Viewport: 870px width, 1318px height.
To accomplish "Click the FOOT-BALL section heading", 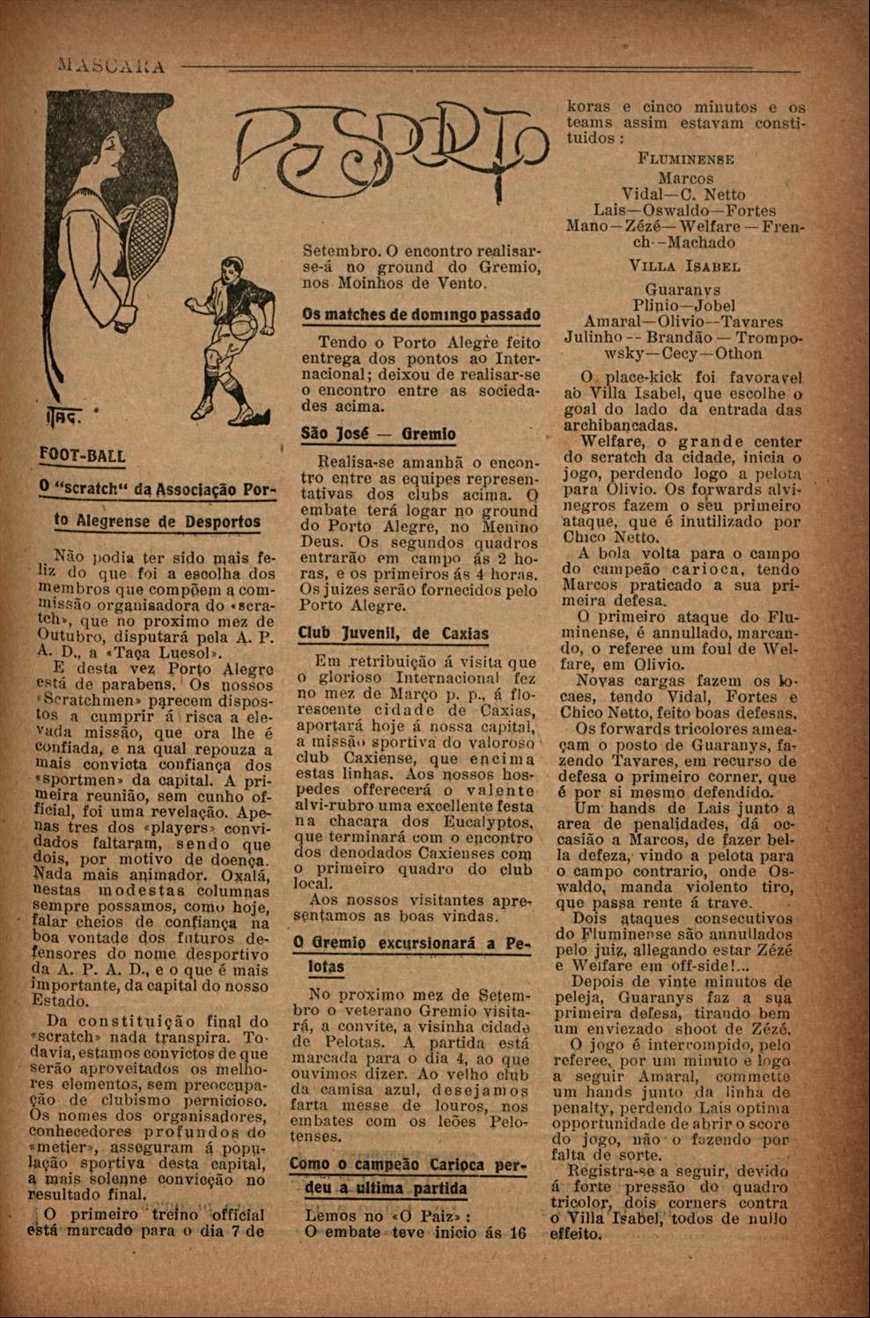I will (x=83, y=455).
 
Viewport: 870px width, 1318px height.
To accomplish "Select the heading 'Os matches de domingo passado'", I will (x=421, y=314).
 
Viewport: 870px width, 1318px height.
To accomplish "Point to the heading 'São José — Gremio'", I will (x=379, y=434).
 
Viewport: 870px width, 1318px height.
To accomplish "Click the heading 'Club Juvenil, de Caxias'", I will (x=393, y=633).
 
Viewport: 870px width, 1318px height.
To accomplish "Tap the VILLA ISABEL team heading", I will (x=684, y=265).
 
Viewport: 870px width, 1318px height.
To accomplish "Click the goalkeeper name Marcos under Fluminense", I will (x=685, y=179).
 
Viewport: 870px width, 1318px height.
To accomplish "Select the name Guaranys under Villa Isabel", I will (x=683, y=289).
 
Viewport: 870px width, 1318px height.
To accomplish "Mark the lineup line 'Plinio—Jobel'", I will (x=684, y=306).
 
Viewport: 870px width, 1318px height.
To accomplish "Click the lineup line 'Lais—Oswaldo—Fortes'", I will (x=684, y=210).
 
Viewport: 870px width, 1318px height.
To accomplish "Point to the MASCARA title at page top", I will (x=110, y=67).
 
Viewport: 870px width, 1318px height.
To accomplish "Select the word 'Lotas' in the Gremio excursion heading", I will (x=326, y=966).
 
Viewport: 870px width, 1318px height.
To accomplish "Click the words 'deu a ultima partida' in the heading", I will (x=386, y=1188).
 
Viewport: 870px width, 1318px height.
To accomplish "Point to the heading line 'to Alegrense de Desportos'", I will (x=158, y=520).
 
